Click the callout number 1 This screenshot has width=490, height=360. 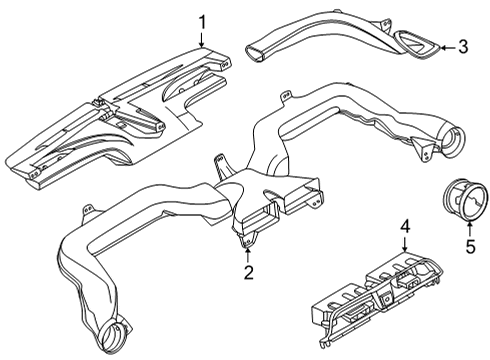pos(201,21)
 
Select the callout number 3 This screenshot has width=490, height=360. pos(462,45)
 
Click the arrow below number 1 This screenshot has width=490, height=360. pos(201,41)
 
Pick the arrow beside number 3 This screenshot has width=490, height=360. pos(444,45)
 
